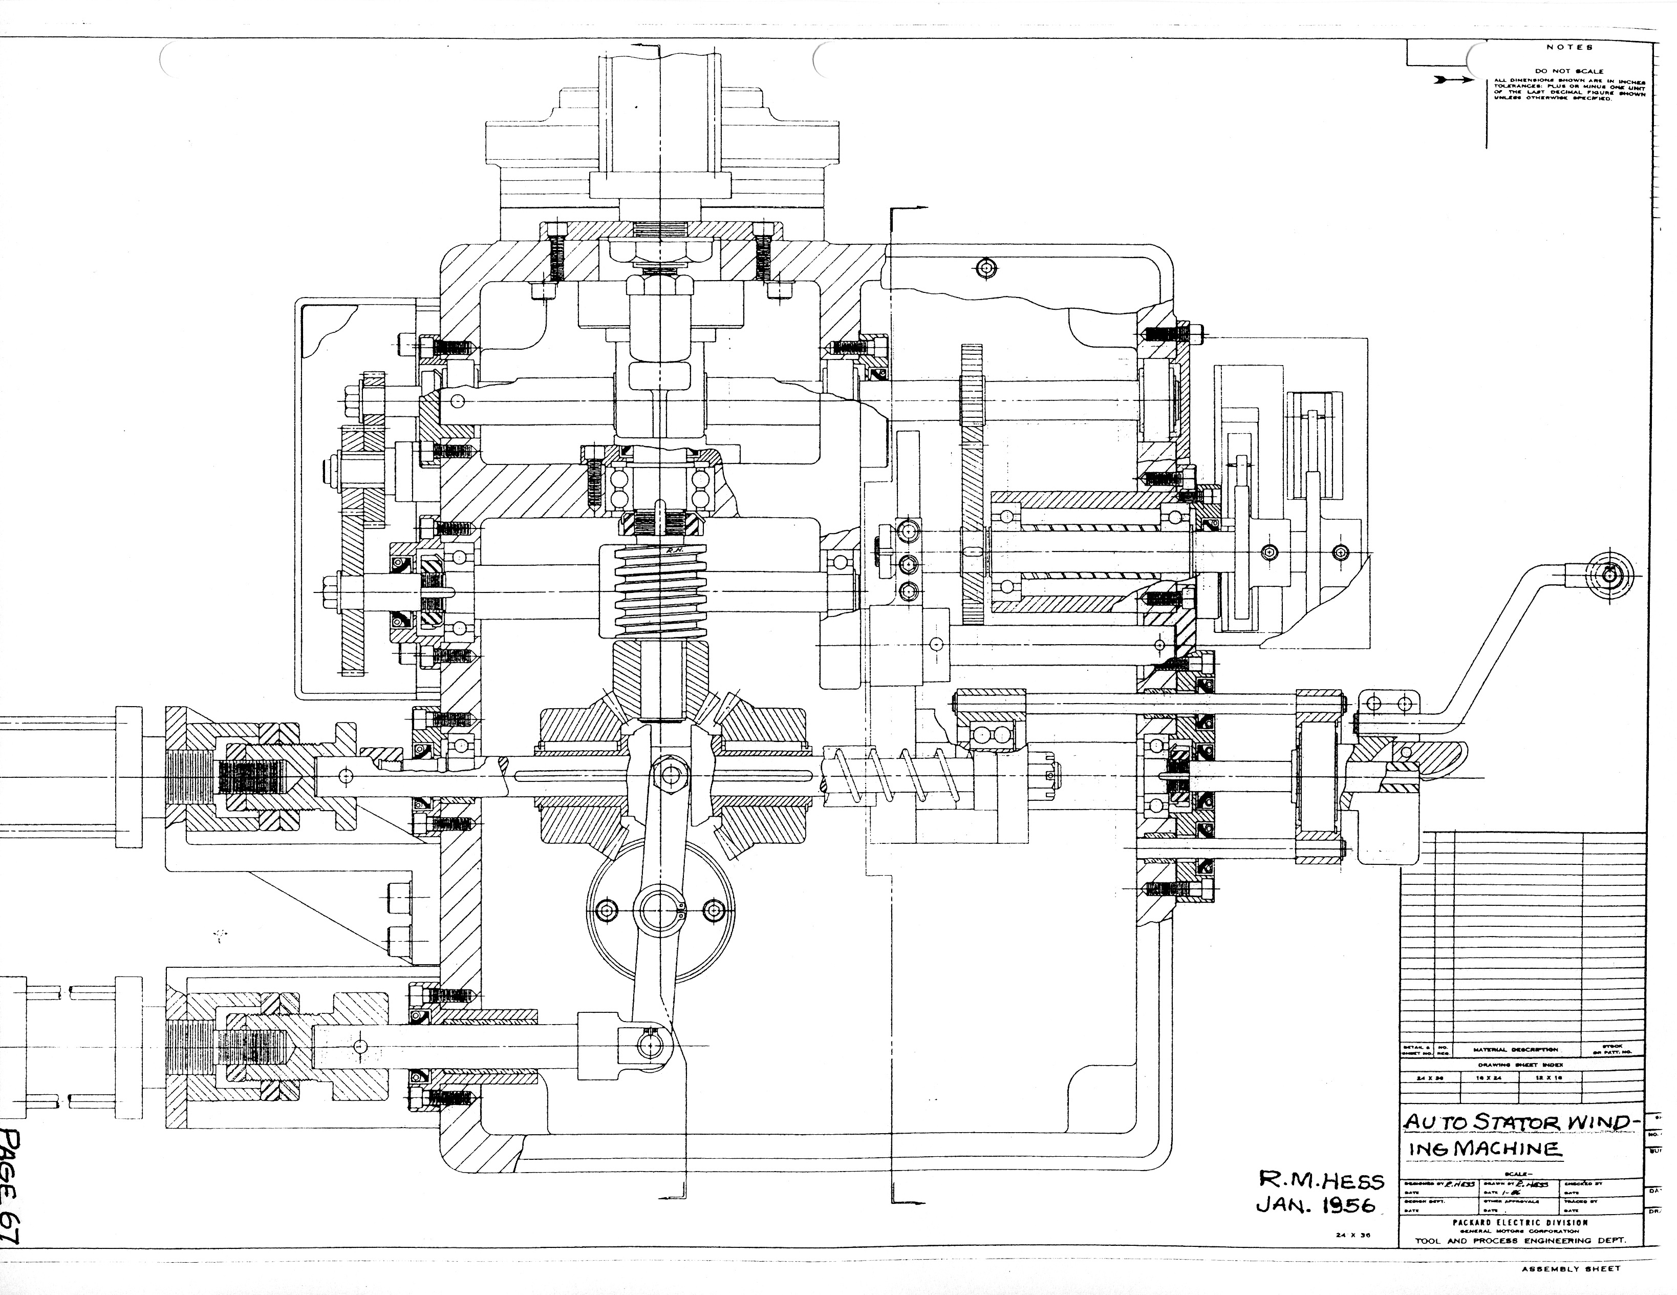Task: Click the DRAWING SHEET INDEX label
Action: point(1519,1064)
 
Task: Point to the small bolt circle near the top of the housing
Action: point(987,268)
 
